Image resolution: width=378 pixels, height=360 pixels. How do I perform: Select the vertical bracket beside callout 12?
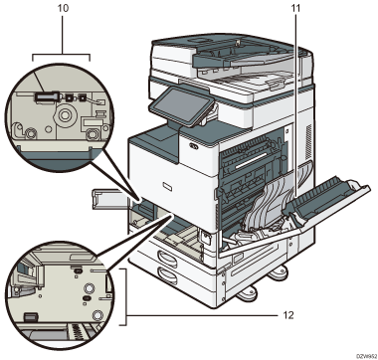click(x=127, y=295)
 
